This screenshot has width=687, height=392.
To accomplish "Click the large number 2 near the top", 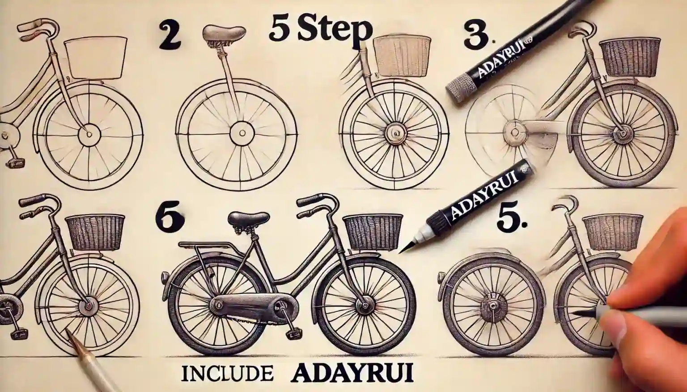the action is click(x=170, y=37).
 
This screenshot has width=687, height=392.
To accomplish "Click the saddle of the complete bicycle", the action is click(x=248, y=220).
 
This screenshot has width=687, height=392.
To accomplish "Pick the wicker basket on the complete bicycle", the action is click(x=372, y=231).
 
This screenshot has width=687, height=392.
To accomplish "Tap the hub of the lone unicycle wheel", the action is click(x=242, y=133).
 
